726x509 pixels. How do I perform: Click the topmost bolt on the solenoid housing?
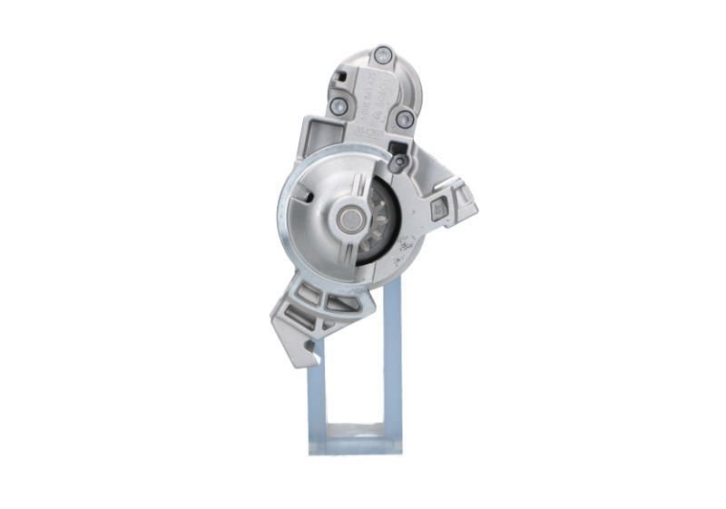(x=383, y=54)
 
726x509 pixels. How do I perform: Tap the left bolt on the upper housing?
(x=338, y=106)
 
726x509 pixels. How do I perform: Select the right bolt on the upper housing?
(x=405, y=119)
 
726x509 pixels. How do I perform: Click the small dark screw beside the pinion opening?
(x=398, y=162)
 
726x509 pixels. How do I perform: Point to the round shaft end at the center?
(x=348, y=219)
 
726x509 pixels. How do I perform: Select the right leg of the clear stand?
(x=392, y=363)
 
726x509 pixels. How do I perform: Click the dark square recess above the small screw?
(x=397, y=147)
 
